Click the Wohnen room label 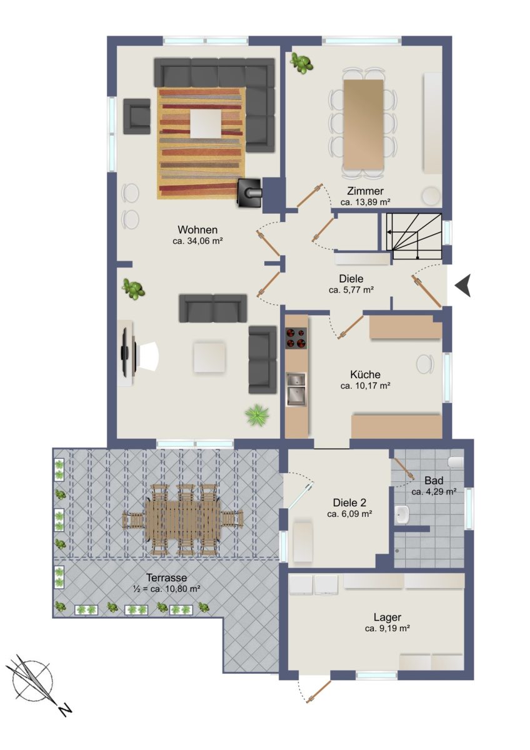tap(197, 230)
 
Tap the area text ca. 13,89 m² tap(366, 202)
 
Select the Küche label tap(365, 374)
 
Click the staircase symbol tap(414, 236)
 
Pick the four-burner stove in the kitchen tap(296, 338)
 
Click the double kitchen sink tap(296, 389)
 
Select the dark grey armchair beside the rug tap(137, 116)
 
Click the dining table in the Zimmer tap(363, 124)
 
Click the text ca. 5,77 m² tap(351, 290)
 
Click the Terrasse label tap(167, 577)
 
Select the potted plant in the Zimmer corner tap(301, 63)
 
